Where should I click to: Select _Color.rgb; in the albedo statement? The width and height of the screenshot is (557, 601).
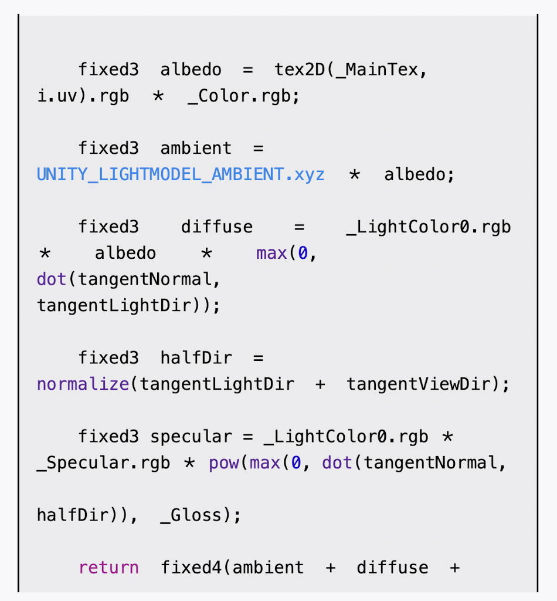point(243,96)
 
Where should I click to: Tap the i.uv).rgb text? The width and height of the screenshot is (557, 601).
point(83,96)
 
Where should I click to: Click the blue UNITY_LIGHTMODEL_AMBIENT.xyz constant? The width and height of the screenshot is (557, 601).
point(181,175)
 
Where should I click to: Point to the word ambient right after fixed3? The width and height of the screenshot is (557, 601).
point(196,148)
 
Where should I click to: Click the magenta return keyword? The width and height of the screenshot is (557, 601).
point(108,568)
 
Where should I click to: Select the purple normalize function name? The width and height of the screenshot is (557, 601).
point(83,384)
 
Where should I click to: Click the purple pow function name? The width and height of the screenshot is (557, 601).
point(223,463)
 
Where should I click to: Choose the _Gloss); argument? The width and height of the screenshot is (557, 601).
point(200,515)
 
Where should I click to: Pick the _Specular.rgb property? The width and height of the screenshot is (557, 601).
point(103,463)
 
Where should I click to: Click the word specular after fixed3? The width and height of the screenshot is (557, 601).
point(191,437)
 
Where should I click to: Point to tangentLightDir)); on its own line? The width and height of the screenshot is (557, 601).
point(128,306)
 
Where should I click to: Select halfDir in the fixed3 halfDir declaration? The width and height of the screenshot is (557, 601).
point(196,358)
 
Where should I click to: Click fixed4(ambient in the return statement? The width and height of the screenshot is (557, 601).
point(232,568)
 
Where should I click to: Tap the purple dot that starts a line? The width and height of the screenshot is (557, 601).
point(52,279)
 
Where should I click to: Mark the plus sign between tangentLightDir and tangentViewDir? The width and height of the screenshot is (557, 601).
point(320,384)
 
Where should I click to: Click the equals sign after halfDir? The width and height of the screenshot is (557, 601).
point(259,358)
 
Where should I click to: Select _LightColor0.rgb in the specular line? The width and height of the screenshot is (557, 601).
point(346,437)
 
